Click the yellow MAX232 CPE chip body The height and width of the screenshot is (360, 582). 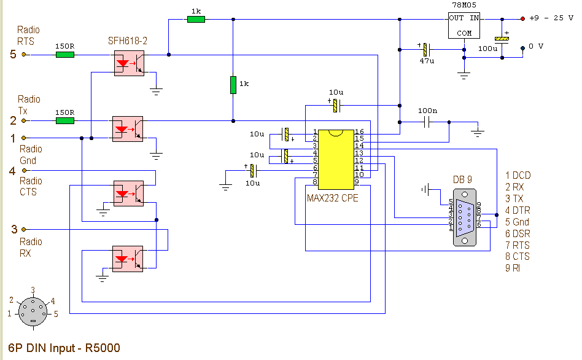(336, 159)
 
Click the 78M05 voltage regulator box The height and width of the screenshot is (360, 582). (464, 26)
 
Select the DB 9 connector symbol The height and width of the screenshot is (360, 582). (464, 217)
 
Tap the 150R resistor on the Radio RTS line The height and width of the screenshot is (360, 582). (65, 55)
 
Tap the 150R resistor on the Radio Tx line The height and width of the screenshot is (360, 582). (65, 121)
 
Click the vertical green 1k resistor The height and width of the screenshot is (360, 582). (233, 85)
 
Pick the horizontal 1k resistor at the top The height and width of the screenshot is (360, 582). (196, 19)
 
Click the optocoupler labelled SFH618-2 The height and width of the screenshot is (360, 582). (129, 63)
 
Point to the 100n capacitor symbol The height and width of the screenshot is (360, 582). (427, 122)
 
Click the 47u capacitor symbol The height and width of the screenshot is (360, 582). (427, 49)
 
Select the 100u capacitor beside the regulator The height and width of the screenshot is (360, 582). (502, 39)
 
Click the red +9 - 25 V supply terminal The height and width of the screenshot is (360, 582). (522, 18)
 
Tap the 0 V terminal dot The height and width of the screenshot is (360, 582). (522, 48)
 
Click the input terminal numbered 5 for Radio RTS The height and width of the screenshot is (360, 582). (24, 55)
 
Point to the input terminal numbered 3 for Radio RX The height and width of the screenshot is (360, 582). (24, 230)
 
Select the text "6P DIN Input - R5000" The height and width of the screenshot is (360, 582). (64, 348)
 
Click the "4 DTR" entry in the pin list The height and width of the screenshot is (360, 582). (518, 210)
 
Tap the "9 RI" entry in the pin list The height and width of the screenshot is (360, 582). (512, 268)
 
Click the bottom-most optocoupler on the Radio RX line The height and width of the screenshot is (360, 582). (128, 259)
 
